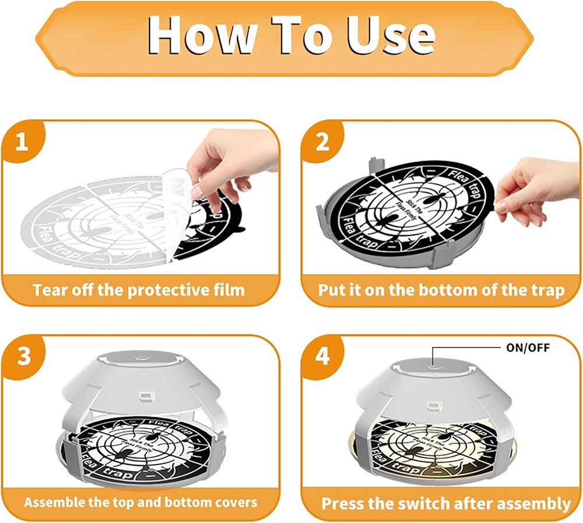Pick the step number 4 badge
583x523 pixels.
322,357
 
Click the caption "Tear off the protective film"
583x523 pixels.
139,290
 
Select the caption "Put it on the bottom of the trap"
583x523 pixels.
441,290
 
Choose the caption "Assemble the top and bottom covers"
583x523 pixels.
141,502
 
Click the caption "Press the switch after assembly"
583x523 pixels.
446,503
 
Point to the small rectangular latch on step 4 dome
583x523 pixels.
433,405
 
